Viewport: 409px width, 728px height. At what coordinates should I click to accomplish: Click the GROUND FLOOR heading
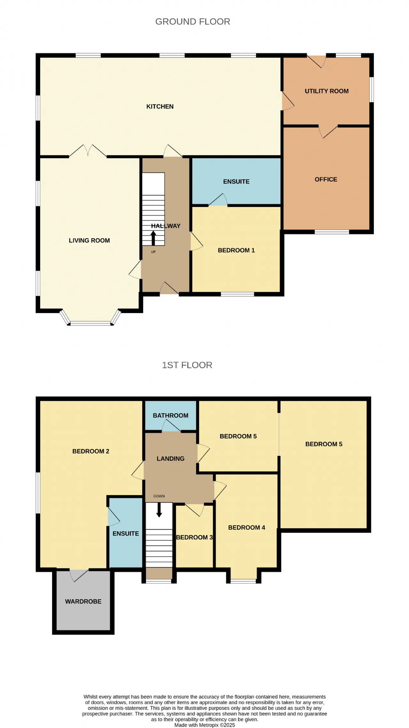click(193, 21)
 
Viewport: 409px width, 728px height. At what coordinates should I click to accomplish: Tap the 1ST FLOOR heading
click(187, 365)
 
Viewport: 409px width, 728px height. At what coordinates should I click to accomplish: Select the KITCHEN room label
click(160, 107)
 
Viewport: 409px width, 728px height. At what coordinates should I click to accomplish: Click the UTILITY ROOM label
click(327, 91)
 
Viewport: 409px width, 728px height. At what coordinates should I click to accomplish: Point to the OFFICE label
click(326, 179)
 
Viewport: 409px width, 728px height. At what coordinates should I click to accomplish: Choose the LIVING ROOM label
click(89, 241)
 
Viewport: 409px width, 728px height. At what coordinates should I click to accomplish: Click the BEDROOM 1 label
click(236, 250)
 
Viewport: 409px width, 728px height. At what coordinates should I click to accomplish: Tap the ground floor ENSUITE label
click(236, 182)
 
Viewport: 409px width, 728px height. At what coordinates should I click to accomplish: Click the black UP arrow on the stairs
click(153, 238)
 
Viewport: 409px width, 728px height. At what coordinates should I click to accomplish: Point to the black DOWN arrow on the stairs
click(159, 510)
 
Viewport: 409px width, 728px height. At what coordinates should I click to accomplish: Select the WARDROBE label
click(83, 602)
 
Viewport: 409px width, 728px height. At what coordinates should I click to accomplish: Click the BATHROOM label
click(170, 415)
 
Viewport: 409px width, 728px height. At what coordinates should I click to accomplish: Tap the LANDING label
click(170, 459)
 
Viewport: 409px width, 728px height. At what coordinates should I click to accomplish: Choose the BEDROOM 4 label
click(246, 528)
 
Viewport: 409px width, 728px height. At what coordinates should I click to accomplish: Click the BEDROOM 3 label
click(194, 537)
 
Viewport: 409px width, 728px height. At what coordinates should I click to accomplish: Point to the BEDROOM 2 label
click(91, 451)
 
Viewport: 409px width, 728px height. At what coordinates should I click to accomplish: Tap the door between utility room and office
click(328, 131)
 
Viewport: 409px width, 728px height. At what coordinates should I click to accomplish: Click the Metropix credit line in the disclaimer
click(204, 725)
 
